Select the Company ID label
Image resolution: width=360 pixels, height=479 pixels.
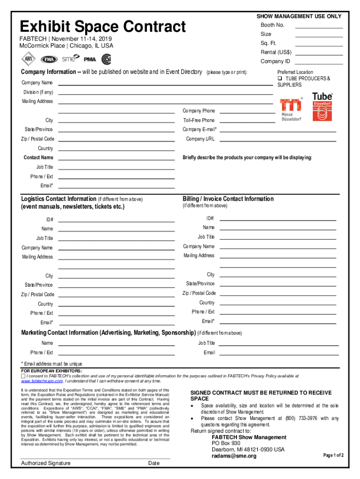point(275,61)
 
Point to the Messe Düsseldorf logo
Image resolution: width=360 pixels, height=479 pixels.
point(291,109)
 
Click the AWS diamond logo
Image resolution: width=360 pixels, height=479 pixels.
point(28,59)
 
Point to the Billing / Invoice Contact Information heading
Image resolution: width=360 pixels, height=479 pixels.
point(228,199)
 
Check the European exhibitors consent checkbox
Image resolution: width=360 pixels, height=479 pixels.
point(23,376)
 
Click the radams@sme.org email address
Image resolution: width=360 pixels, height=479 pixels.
point(234,456)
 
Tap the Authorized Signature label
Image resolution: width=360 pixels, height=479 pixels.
point(46,463)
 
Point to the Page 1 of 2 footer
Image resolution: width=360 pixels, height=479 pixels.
point(334,455)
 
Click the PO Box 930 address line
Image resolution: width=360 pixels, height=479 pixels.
point(226,443)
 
